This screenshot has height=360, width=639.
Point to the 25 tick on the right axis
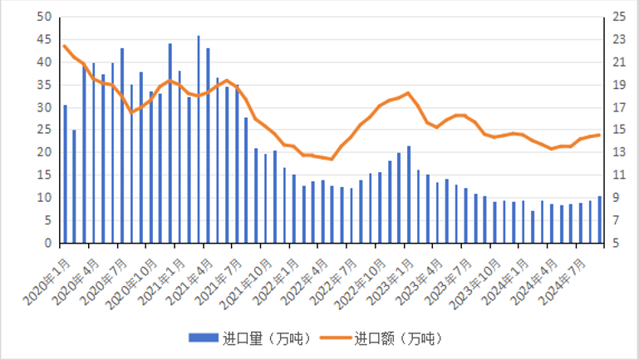(x=618, y=17)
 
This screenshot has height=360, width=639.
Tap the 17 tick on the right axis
(x=618, y=107)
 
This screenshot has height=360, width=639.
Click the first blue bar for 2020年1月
(x=65, y=175)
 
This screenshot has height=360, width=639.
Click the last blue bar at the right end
(x=599, y=220)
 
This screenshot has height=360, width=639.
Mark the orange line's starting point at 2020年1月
(x=65, y=46)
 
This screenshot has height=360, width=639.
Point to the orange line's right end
(x=599, y=135)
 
